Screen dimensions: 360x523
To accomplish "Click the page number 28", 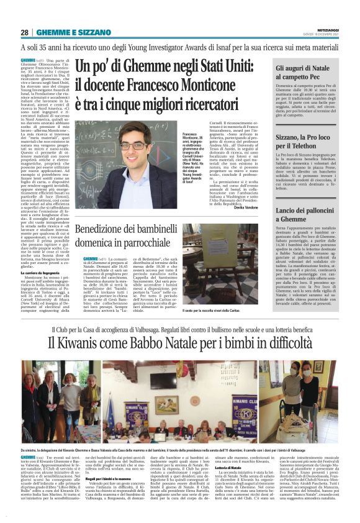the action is point(25,32).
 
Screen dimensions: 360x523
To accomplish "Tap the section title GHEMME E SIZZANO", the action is point(66,32).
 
